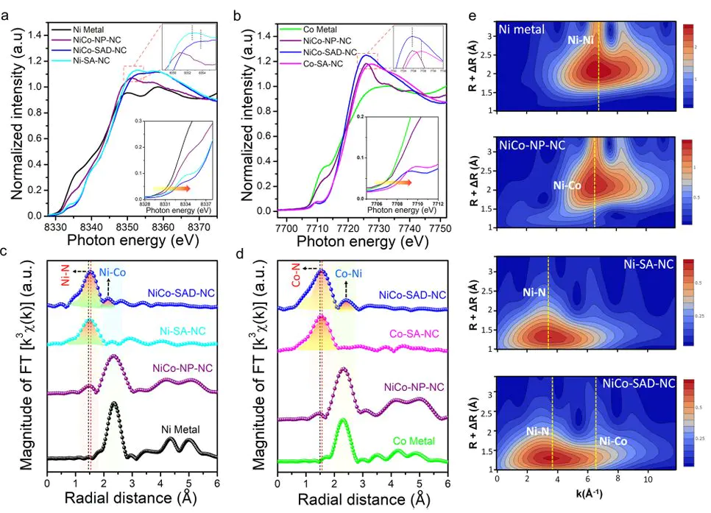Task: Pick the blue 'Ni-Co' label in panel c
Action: pyautogui.click(x=113, y=271)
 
